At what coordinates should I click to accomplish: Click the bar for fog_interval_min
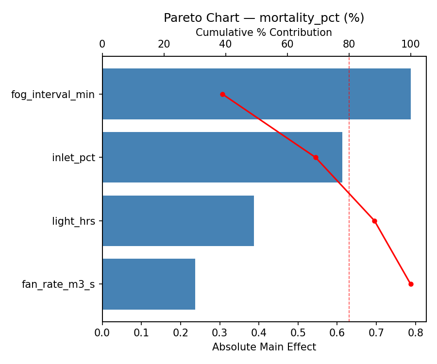coord(256,94)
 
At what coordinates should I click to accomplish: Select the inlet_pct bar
coord(222,157)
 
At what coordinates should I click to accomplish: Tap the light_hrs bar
coord(178,221)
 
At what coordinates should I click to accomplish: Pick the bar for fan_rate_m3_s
coord(149,284)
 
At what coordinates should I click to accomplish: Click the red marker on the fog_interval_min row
coord(222,94)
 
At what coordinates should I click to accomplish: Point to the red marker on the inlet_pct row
coord(316,157)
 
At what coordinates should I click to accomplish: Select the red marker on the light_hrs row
coord(374,221)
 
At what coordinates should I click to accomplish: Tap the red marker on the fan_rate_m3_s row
coord(411,284)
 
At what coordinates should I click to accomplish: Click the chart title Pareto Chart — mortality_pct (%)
coord(264,18)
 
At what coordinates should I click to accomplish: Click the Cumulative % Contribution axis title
coord(264,33)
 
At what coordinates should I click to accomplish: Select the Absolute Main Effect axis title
coord(264,347)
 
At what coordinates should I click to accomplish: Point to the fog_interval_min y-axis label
coord(53,94)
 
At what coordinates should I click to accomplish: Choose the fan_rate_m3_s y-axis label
coord(58,284)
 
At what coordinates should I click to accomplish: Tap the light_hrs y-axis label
coord(74,221)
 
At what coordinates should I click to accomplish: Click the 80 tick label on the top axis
coord(349,44)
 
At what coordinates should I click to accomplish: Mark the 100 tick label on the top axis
coord(411,44)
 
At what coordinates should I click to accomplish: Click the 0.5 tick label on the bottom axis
coord(298,333)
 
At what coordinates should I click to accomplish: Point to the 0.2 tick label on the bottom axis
coord(181,333)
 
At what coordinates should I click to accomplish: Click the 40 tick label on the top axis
coord(226,44)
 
